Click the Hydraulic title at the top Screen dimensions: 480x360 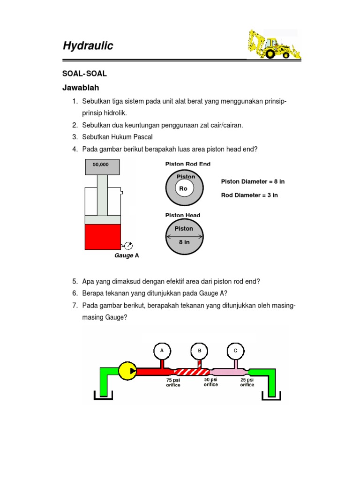[88, 46]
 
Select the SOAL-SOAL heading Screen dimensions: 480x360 [85, 74]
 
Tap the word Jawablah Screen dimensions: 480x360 [81, 88]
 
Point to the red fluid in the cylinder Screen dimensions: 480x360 [103, 237]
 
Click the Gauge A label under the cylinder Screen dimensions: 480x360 [127, 256]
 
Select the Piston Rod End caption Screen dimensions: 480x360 [188, 164]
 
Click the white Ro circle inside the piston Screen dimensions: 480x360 [183, 189]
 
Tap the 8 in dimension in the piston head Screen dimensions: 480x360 [184, 243]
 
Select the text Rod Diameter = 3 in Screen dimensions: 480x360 [249, 195]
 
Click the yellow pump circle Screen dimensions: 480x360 [127, 371]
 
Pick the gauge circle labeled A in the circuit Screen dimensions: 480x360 [162, 350]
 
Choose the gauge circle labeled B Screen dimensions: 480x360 [199, 350]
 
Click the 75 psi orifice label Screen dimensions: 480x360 [173, 382]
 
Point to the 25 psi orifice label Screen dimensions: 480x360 [247, 382]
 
